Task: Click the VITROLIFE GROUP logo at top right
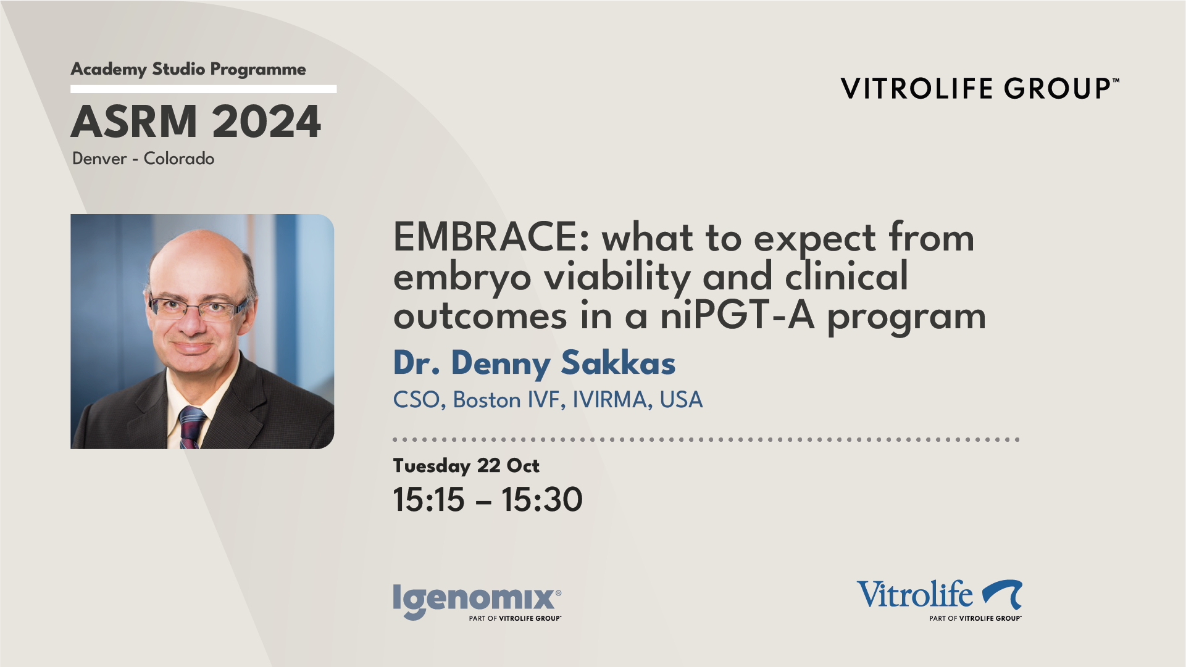pos(980,88)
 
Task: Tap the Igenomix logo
pos(477,602)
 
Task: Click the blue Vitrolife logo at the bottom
pos(939,600)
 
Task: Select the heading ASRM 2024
pos(196,122)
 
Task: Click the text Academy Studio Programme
pos(188,69)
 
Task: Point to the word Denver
pos(99,159)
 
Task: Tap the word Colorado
pos(179,159)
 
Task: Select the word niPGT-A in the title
pos(737,316)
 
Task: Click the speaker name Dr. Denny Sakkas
pos(534,363)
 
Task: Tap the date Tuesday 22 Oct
pos(466,466)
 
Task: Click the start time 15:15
pos(428,499)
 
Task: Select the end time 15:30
pos(541,499)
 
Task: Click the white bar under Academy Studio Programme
pos(204,89)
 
